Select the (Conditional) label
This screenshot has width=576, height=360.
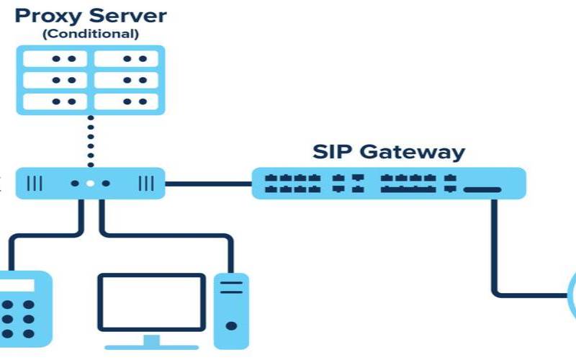[90, 34]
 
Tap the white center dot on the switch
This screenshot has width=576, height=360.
[90, 184]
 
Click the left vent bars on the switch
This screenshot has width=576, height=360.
[35, 184]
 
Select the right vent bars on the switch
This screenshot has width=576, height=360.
[145, 184]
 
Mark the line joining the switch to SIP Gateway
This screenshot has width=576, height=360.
[208, 184]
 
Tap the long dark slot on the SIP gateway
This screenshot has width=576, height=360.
[482, 189]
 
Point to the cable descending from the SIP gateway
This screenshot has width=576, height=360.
[494, 245]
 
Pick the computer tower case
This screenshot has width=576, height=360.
[231, 310]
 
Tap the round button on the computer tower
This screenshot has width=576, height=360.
[231, 325]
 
